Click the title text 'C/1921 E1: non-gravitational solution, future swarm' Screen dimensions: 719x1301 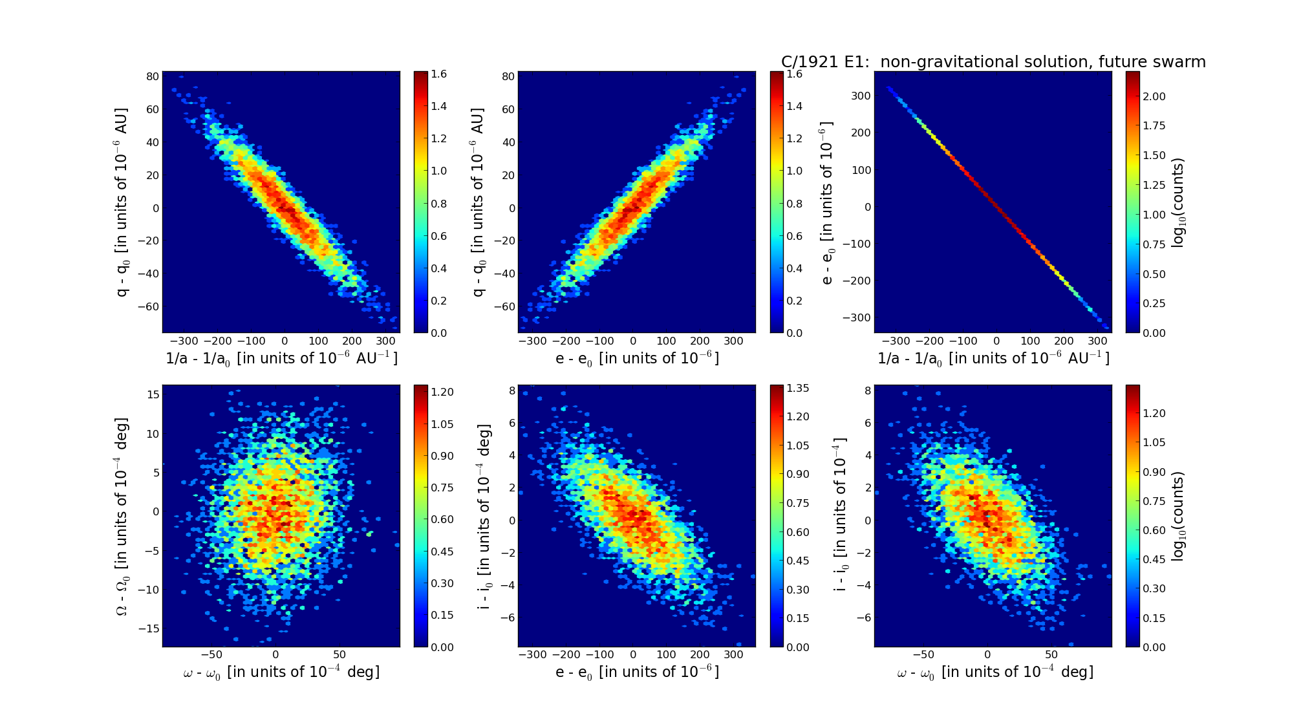[x=993, y=62]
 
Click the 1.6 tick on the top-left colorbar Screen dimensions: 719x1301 [x=439, y=74]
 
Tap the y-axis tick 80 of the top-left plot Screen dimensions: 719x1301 [x=153, y=76]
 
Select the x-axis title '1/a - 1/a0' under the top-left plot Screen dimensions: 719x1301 [x=281, y=358]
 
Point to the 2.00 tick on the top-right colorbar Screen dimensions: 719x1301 [x=1154, y=96]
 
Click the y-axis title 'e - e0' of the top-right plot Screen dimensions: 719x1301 [x=827, y=202]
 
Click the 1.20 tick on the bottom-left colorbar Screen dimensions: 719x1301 [x=442, y=392]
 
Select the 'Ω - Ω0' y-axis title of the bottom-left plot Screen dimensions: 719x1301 [x=122, y=515]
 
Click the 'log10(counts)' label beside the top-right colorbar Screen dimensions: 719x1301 [x=1178, y=202]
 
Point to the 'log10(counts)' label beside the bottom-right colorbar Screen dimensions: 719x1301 [x=1178, y=516]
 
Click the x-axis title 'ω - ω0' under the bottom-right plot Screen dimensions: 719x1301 [x=995, y=672]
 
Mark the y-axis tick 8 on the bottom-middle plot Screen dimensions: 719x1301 [x=511, y=391]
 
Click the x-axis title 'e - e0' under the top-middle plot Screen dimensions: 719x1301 [x=637, y=358]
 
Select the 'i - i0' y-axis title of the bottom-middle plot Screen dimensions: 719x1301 [x=484, y=515]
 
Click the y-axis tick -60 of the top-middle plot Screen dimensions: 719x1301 [x=504, y=306]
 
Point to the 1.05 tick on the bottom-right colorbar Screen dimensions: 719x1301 [x=1154, y=442]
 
